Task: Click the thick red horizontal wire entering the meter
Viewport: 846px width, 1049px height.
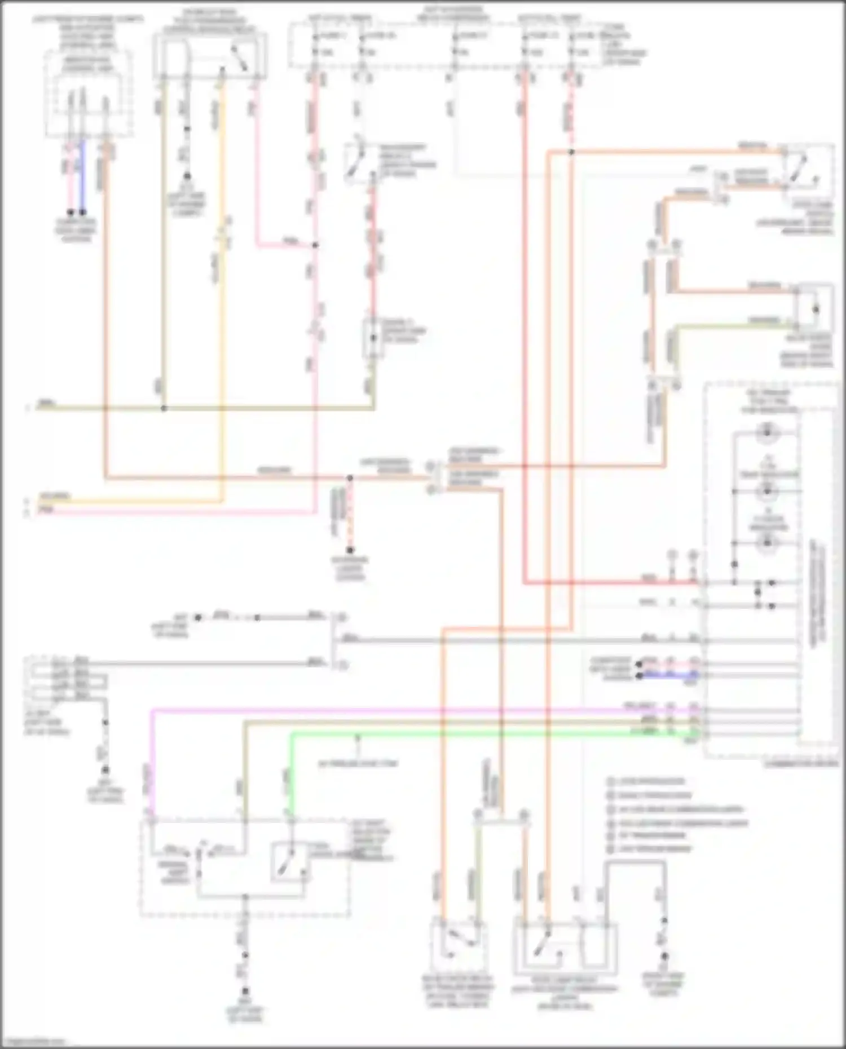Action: [x=609, y=583]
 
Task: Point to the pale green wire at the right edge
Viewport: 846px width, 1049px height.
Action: [x=733, y=325]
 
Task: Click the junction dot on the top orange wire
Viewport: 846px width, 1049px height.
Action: [x=571, y=152]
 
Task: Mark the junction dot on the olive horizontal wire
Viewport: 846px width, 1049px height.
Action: [x=164, y=408]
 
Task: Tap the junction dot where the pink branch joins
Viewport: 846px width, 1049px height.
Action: [x=315, y=245]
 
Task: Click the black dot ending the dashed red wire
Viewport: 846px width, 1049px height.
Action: [x=350, y=550]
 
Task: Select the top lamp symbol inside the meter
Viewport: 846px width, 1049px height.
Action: [x=767, y=433]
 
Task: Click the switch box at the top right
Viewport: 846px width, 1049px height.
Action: [x=807, y=167]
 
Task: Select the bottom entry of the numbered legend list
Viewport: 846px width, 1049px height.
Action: [x=649, y=849]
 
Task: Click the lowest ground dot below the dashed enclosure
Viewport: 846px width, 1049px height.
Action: [x=245, y=991]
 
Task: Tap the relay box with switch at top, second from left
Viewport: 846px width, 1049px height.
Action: [x=210, y=56]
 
